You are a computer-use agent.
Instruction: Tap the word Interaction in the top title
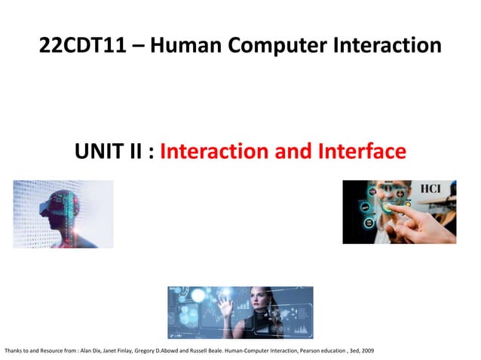pos(388,45)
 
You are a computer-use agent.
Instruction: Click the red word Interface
pos(360,151)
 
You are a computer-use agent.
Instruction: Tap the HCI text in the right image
pos(430,189)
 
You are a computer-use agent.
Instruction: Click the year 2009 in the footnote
pos(366,351)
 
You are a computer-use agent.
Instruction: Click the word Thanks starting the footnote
pos(13,351)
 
